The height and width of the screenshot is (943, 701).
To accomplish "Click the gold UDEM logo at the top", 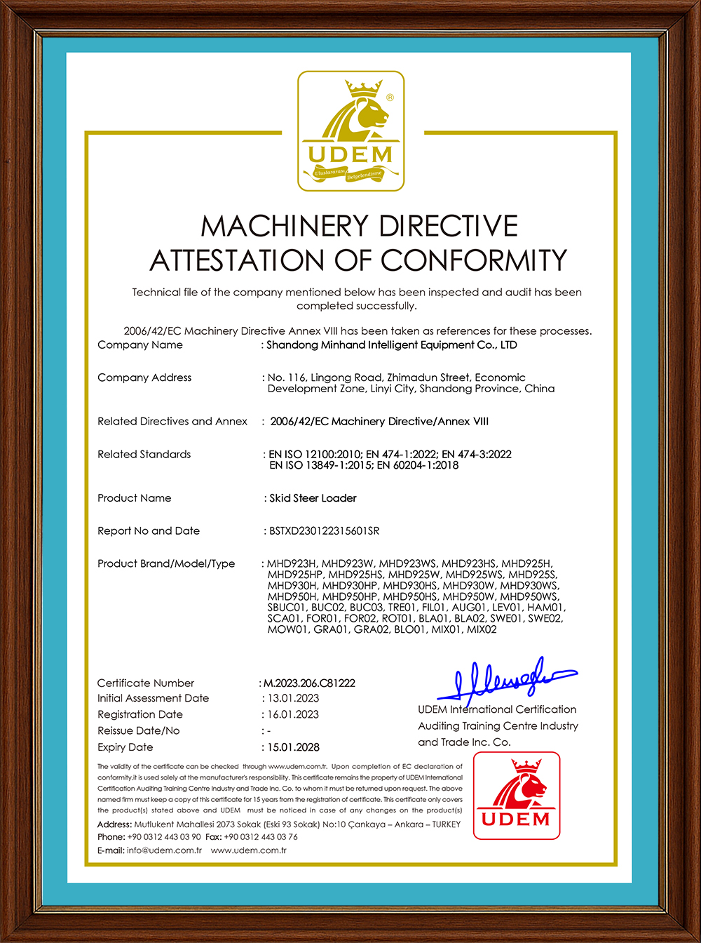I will tap(351, 131).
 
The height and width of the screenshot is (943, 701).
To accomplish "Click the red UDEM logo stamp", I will tap(517, 796).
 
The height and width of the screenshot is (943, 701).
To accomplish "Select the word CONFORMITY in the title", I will tap(474, 260).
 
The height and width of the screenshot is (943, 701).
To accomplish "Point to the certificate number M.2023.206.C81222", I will tap(309, 683).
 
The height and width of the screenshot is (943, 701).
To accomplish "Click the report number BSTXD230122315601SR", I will tap(325, 531).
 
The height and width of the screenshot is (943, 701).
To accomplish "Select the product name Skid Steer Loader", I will tap(313, 498).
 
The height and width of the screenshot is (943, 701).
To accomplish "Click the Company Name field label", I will tap(140, 345).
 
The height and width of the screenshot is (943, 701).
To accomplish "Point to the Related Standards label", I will tap(144, 454).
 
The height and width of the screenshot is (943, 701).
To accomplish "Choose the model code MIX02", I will tap(482, 629).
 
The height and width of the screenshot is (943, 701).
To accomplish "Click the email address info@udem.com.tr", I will tap(164, 850).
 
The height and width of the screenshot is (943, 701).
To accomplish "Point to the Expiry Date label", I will tap(125, 747).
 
